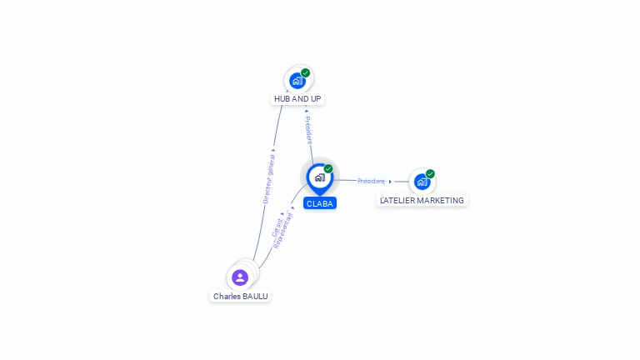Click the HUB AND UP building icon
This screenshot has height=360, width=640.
pos(297,81)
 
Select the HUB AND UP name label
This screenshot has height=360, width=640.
pos(297,99)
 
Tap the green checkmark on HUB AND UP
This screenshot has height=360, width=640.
pos(306,73)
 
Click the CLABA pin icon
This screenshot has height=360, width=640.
pos(319,177)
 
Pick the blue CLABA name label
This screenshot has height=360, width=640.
pos(320,203)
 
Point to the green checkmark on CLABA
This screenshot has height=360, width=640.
pos(328,169)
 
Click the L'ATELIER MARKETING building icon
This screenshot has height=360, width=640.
pos(422,182)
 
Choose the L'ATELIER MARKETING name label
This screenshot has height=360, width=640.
pos(422,200)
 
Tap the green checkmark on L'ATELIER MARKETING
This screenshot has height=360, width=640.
pos(430,174)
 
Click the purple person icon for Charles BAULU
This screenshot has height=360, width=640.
pos(240,277)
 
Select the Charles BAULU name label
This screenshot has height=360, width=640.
pos(240,296)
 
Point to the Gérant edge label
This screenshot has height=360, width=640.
pos(277,227)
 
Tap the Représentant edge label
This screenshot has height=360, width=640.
pos(284,231)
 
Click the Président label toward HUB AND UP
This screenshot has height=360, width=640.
pos(308,129)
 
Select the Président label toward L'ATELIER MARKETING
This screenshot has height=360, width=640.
pos(371,181)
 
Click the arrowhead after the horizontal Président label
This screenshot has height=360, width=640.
pos(390,181)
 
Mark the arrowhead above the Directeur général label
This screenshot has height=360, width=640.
pos(272,151)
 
